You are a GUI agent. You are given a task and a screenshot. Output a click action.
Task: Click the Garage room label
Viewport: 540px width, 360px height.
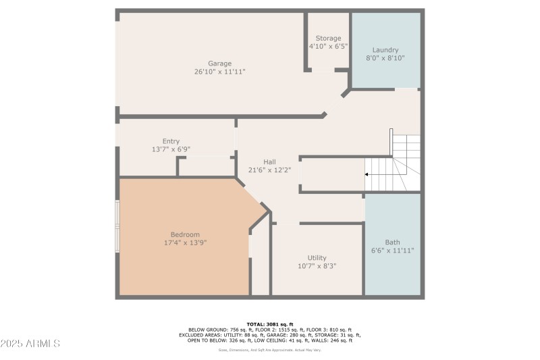click(x=219, y=63)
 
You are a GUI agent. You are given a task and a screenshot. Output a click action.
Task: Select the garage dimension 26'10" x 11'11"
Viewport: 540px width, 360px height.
click(x=219, y=72)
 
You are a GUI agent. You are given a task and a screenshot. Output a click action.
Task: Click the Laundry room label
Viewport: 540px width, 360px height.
click(x=385, y=50)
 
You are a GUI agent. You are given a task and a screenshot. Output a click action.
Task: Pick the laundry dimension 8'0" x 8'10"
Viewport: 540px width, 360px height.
click(x=385, y=59)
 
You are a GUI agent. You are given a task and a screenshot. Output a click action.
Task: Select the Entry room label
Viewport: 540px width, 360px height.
click(x=171, y=141)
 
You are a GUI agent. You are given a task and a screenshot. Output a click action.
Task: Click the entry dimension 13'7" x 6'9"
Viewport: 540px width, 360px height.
click(x=171, y=149)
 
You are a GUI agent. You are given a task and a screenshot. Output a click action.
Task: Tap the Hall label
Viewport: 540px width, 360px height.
click(x=269, y=161)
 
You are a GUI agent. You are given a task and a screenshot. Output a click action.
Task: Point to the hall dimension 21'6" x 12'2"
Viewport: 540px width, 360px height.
click(x=269, y=170)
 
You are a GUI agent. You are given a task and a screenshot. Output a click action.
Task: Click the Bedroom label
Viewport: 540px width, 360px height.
click(x=184, y=234)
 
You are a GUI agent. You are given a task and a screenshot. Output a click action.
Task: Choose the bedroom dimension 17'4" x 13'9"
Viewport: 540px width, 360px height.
click(x=184, y=242)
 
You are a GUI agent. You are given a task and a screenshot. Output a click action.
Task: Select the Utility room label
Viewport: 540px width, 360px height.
click(x=317, y=257)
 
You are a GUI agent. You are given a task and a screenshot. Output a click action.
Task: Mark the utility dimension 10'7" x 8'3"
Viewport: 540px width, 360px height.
click(x=317, y=266)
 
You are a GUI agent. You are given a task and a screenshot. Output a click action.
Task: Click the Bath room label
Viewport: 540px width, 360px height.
click(x=392, y=242)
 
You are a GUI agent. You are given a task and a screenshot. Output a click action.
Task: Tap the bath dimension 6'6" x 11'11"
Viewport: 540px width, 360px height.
click(x=392, y=251)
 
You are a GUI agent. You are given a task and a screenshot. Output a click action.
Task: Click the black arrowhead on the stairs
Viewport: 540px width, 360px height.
click(x=367, y=174)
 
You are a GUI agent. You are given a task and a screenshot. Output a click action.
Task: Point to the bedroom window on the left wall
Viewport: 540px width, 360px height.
click(x=117, y=226)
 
